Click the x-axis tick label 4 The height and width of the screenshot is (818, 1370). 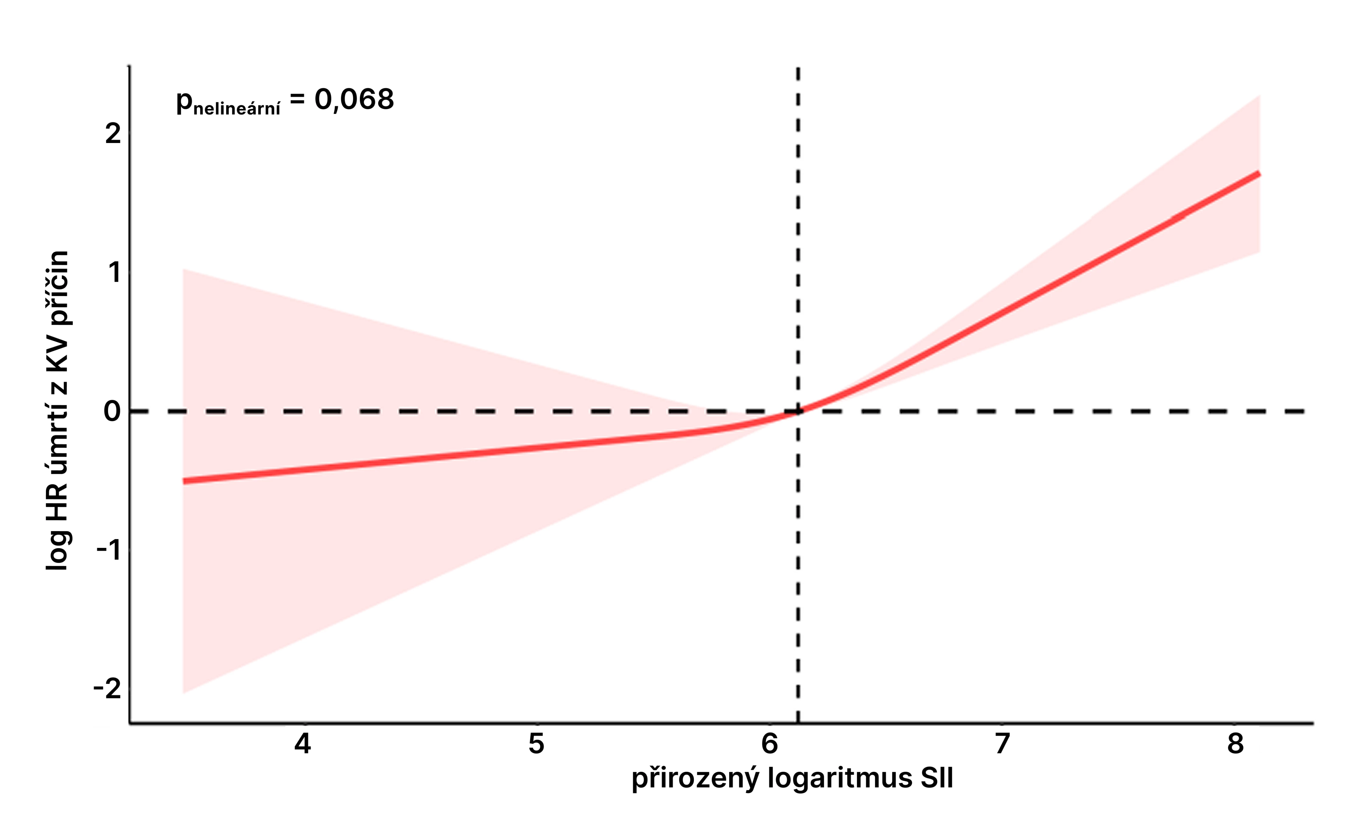(302, 743)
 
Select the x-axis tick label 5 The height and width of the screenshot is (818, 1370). (536, 743)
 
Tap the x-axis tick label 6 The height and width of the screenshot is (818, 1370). (769, 743)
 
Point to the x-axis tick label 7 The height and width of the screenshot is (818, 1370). (1003, 743)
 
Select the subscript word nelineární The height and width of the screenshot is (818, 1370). (237, 109)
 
